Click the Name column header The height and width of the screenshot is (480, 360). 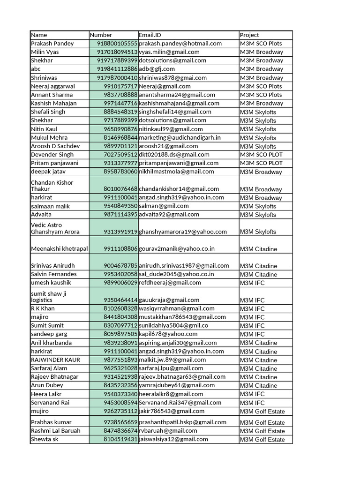39,35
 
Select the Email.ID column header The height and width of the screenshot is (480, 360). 150,35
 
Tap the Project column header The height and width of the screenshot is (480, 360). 249,35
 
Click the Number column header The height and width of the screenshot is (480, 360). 101,35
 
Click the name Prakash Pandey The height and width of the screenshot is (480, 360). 52,44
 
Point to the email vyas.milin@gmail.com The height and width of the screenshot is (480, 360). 169,52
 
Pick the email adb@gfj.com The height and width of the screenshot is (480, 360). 157,69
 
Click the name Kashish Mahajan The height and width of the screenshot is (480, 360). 53,103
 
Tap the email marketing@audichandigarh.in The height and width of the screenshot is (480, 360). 180,137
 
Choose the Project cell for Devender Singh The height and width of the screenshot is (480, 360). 261,155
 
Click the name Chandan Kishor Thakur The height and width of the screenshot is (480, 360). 52,186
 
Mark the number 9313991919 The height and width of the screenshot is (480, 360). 120,232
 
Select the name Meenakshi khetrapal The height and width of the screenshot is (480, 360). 60,249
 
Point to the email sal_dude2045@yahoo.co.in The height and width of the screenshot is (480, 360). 176,274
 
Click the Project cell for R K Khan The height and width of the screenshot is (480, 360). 252,309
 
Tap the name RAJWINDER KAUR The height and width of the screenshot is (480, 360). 55,360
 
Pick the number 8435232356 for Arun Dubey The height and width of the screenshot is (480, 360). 120,385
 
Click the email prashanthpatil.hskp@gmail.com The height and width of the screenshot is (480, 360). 183,422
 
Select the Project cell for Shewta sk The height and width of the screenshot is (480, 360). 262,440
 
